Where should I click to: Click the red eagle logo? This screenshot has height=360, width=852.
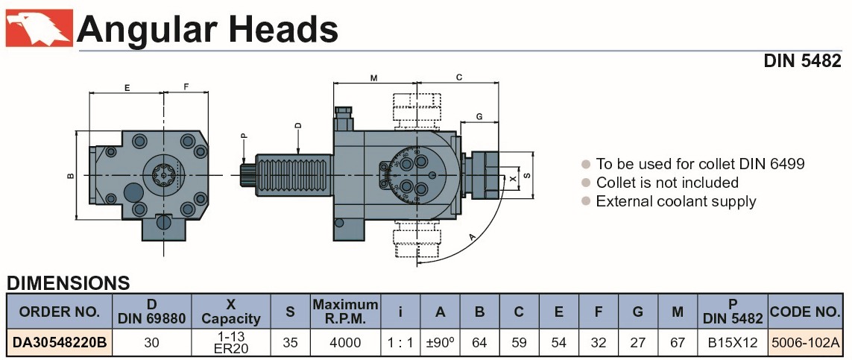[x=39, y=28]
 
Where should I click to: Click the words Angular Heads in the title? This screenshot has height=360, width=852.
[x=207, y=29]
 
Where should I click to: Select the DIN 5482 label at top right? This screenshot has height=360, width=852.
[x=802, y=62]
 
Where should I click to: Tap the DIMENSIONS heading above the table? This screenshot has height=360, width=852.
[x=68, y=283]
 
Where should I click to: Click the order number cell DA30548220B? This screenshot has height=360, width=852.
[x=59, y=342]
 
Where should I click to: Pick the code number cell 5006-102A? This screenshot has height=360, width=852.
[x=805, y=342]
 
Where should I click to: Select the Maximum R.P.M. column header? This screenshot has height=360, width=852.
[x=345, y=312]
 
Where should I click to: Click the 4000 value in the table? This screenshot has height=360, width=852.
[x=345, y=342]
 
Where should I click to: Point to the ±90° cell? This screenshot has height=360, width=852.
[x=441, y=342]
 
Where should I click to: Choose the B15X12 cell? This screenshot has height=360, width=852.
[x=732, y=342]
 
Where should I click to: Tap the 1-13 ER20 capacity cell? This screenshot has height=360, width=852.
[x=231, y=342]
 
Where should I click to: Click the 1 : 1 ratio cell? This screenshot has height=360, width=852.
[x=400, y=342]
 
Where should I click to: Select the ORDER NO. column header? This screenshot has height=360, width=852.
[x=59, y=312]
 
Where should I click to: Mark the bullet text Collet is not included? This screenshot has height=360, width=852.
[x=667, y=183]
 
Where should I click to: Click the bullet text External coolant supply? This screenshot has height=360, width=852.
[x=675, y=201]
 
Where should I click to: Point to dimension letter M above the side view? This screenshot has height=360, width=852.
[x=373, y=77]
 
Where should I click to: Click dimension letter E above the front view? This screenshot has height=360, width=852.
[x=127, y=87]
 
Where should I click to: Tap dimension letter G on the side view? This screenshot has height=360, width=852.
[x=479, y=116]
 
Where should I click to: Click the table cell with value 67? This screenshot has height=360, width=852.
[x=677, y=342]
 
